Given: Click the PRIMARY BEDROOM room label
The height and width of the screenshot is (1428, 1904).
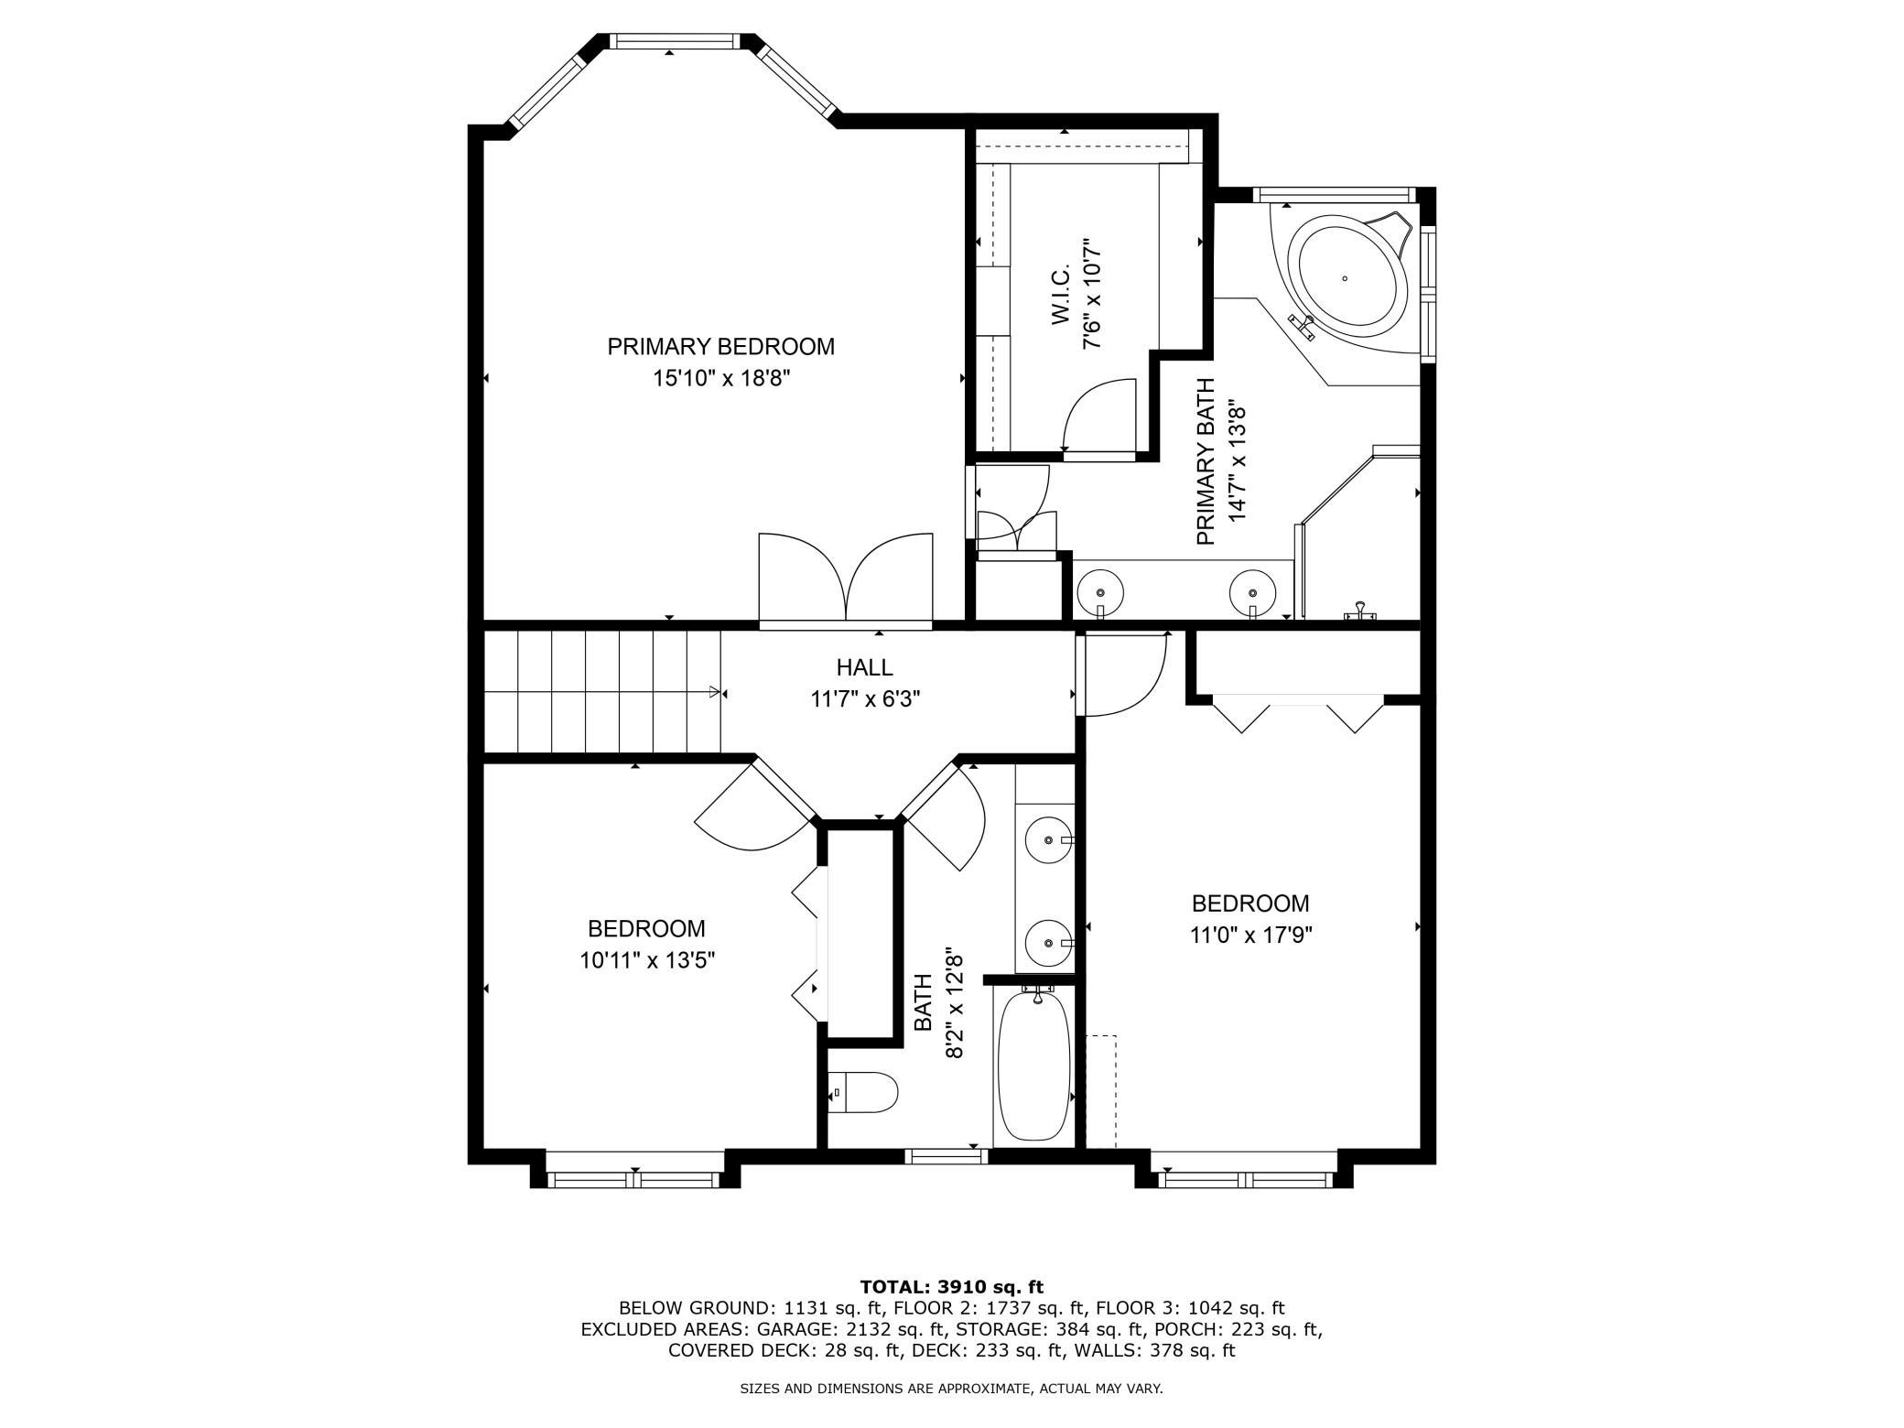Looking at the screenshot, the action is pos(720,347).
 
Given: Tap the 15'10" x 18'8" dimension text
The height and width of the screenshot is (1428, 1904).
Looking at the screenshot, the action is pos(720,379).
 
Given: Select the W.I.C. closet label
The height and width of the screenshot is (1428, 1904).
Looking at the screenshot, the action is pos(1061,296).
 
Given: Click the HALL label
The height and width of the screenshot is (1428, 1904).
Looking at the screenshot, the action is pos(864,667).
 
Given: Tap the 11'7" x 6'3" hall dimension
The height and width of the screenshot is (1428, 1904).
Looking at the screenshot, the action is pos(865,699).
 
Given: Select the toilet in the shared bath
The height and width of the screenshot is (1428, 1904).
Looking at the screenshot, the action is pos(863,1093).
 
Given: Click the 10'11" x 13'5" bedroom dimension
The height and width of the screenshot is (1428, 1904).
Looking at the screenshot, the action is pos(647,961).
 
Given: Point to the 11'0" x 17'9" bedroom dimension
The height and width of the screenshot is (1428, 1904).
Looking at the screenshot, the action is pos(1251,936).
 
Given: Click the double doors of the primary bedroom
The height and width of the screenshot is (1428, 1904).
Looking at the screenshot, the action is pos(846,579).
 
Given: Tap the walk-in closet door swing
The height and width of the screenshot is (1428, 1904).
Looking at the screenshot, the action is pos(1098,415).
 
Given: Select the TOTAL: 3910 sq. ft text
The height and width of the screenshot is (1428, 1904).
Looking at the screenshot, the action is pos(952,1287).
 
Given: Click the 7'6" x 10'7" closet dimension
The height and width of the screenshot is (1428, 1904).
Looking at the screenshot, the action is pos(1091,294).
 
